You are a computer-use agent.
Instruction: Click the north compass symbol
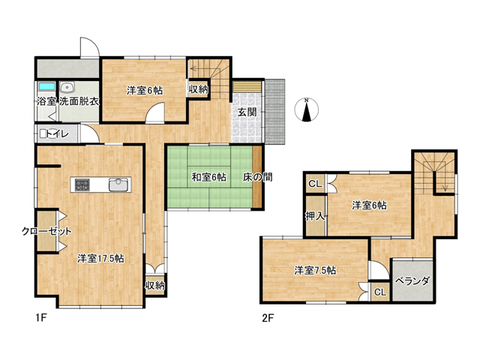(x=306, y=110)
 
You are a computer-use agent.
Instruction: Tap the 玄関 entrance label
(x=247, y=112)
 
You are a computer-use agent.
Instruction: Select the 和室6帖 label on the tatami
(x=209, y=177)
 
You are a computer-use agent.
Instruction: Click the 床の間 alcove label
(x=258, y=177)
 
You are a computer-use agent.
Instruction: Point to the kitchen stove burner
(x=82, y=184)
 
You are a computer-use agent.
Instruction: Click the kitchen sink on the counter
(x=118, y=184)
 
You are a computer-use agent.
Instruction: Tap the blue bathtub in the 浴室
(x=46, y=86)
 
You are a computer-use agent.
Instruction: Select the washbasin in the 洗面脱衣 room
(x=67, y=88)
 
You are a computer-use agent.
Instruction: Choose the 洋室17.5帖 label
(x=100, y=259)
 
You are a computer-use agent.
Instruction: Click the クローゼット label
(x=46, y=231)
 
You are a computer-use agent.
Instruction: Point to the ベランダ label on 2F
(x=412, y=280)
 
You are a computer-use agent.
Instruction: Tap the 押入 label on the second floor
(x=315, y=217)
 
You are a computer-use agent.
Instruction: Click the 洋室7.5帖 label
(x=315, y=270)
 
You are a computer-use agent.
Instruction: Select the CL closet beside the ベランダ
(x=380, y=292)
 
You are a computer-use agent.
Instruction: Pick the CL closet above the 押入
(x=315, y=184)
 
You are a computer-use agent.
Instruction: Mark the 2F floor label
(x=268, y=319)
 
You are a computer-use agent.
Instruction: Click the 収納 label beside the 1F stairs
(x=198, y=90)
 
